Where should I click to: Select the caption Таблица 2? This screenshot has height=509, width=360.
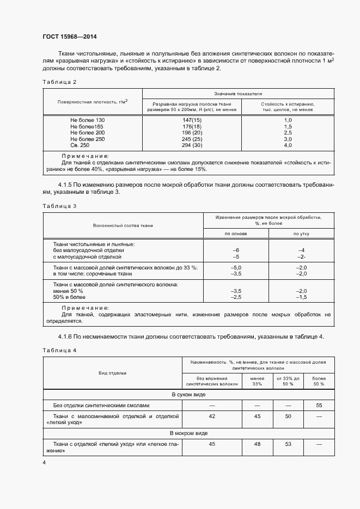59,82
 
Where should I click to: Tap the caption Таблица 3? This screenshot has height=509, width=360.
59,206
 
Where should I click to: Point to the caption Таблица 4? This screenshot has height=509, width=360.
59,349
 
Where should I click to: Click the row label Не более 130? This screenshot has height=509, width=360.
87,120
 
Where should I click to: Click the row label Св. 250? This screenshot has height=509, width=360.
80,146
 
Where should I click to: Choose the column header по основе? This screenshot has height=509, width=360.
236,234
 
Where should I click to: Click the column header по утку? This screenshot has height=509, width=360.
301,234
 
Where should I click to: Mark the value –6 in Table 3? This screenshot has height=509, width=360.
236,250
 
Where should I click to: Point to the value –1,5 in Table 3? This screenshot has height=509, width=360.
301,297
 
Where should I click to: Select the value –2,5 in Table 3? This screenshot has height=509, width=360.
236,297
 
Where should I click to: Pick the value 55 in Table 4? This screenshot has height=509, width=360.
318,406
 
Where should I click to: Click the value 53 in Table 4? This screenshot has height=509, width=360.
288,445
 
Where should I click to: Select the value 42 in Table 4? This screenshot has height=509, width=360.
212,416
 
